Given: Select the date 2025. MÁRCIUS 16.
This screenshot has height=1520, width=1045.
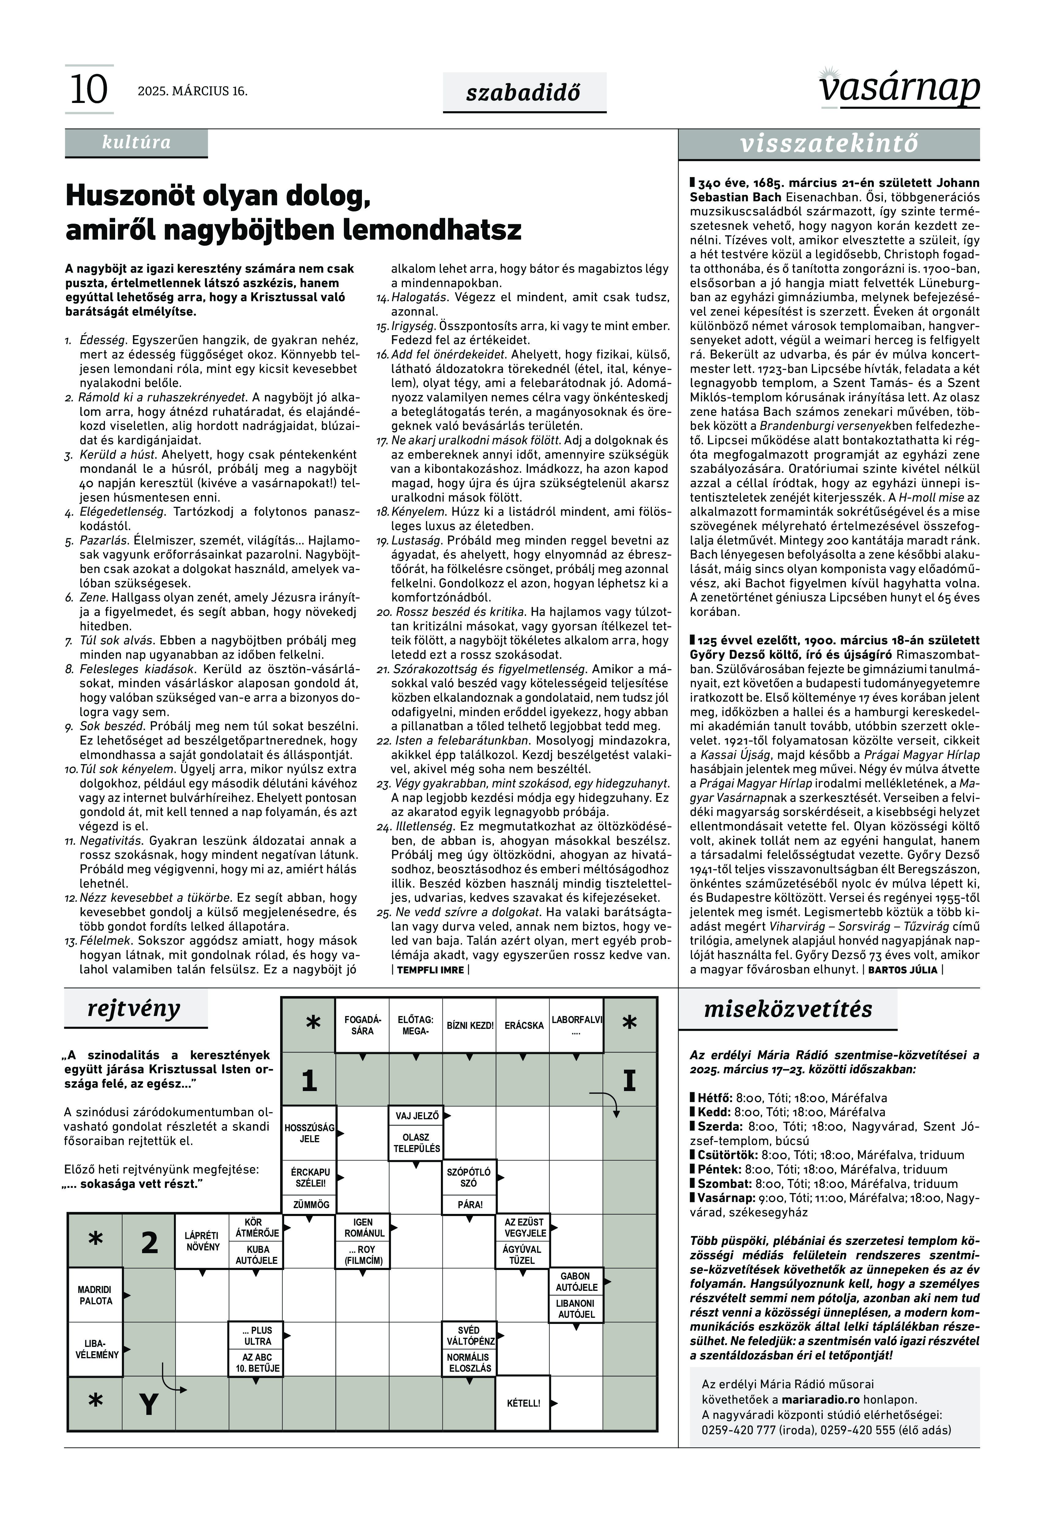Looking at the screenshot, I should (x=193, y=91).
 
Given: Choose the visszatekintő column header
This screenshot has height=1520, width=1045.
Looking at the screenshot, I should (x=829, y=144).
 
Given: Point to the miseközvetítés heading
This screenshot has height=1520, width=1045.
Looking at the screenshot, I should (x=788, y=1010).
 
